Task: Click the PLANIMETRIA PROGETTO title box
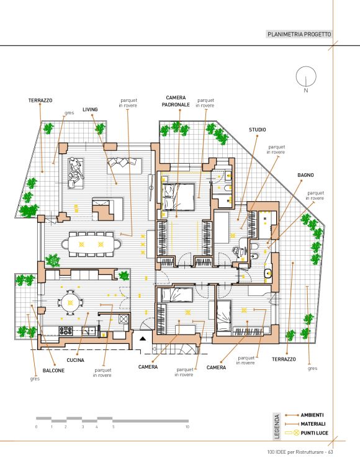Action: point(299,34)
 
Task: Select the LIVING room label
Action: point(90,109)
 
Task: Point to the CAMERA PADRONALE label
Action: point(176,101)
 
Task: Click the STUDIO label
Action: point(258,130)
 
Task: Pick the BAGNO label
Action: point(305,175)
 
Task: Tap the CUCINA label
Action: point(75,360)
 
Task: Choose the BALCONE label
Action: point(53,371)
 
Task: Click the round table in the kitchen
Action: point(70,303)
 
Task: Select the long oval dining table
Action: point(91,245)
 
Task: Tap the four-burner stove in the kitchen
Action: point(65,330)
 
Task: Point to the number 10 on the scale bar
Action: point(187,427)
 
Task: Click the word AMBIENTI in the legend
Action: point(312,415)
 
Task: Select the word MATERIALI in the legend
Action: point(313,424)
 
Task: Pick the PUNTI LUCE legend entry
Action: point(307,433)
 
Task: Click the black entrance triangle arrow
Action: point(143,338)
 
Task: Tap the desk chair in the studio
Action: point(238,251)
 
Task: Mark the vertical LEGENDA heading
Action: point(277,426)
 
